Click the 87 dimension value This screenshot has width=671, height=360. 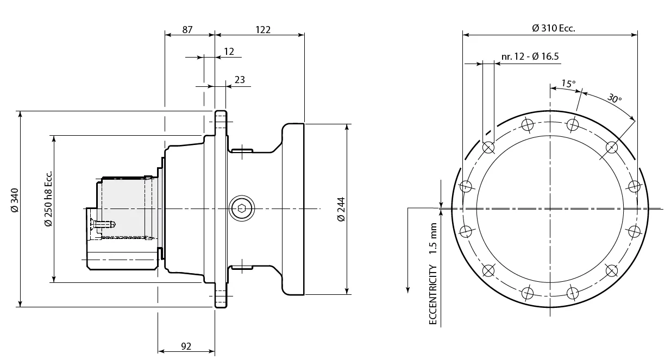pos(187,30)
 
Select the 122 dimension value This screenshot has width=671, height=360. pos(263,30)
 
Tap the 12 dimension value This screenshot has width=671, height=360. pos(229,52)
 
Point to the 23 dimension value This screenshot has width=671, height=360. pos(240,80)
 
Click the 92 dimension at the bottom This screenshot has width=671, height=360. pos(186,346)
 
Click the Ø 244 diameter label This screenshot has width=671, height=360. pos(341,209)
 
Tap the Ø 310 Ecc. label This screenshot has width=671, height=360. pos(553,28)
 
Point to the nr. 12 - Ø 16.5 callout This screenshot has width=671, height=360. pos(530,56)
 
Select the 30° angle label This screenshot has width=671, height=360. pos(614,98)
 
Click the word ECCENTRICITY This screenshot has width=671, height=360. pos(433,295)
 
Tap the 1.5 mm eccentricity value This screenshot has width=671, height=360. pos(433,238)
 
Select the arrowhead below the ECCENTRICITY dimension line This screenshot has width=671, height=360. pos(407,288)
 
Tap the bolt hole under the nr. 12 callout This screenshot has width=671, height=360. pos(488,147)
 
